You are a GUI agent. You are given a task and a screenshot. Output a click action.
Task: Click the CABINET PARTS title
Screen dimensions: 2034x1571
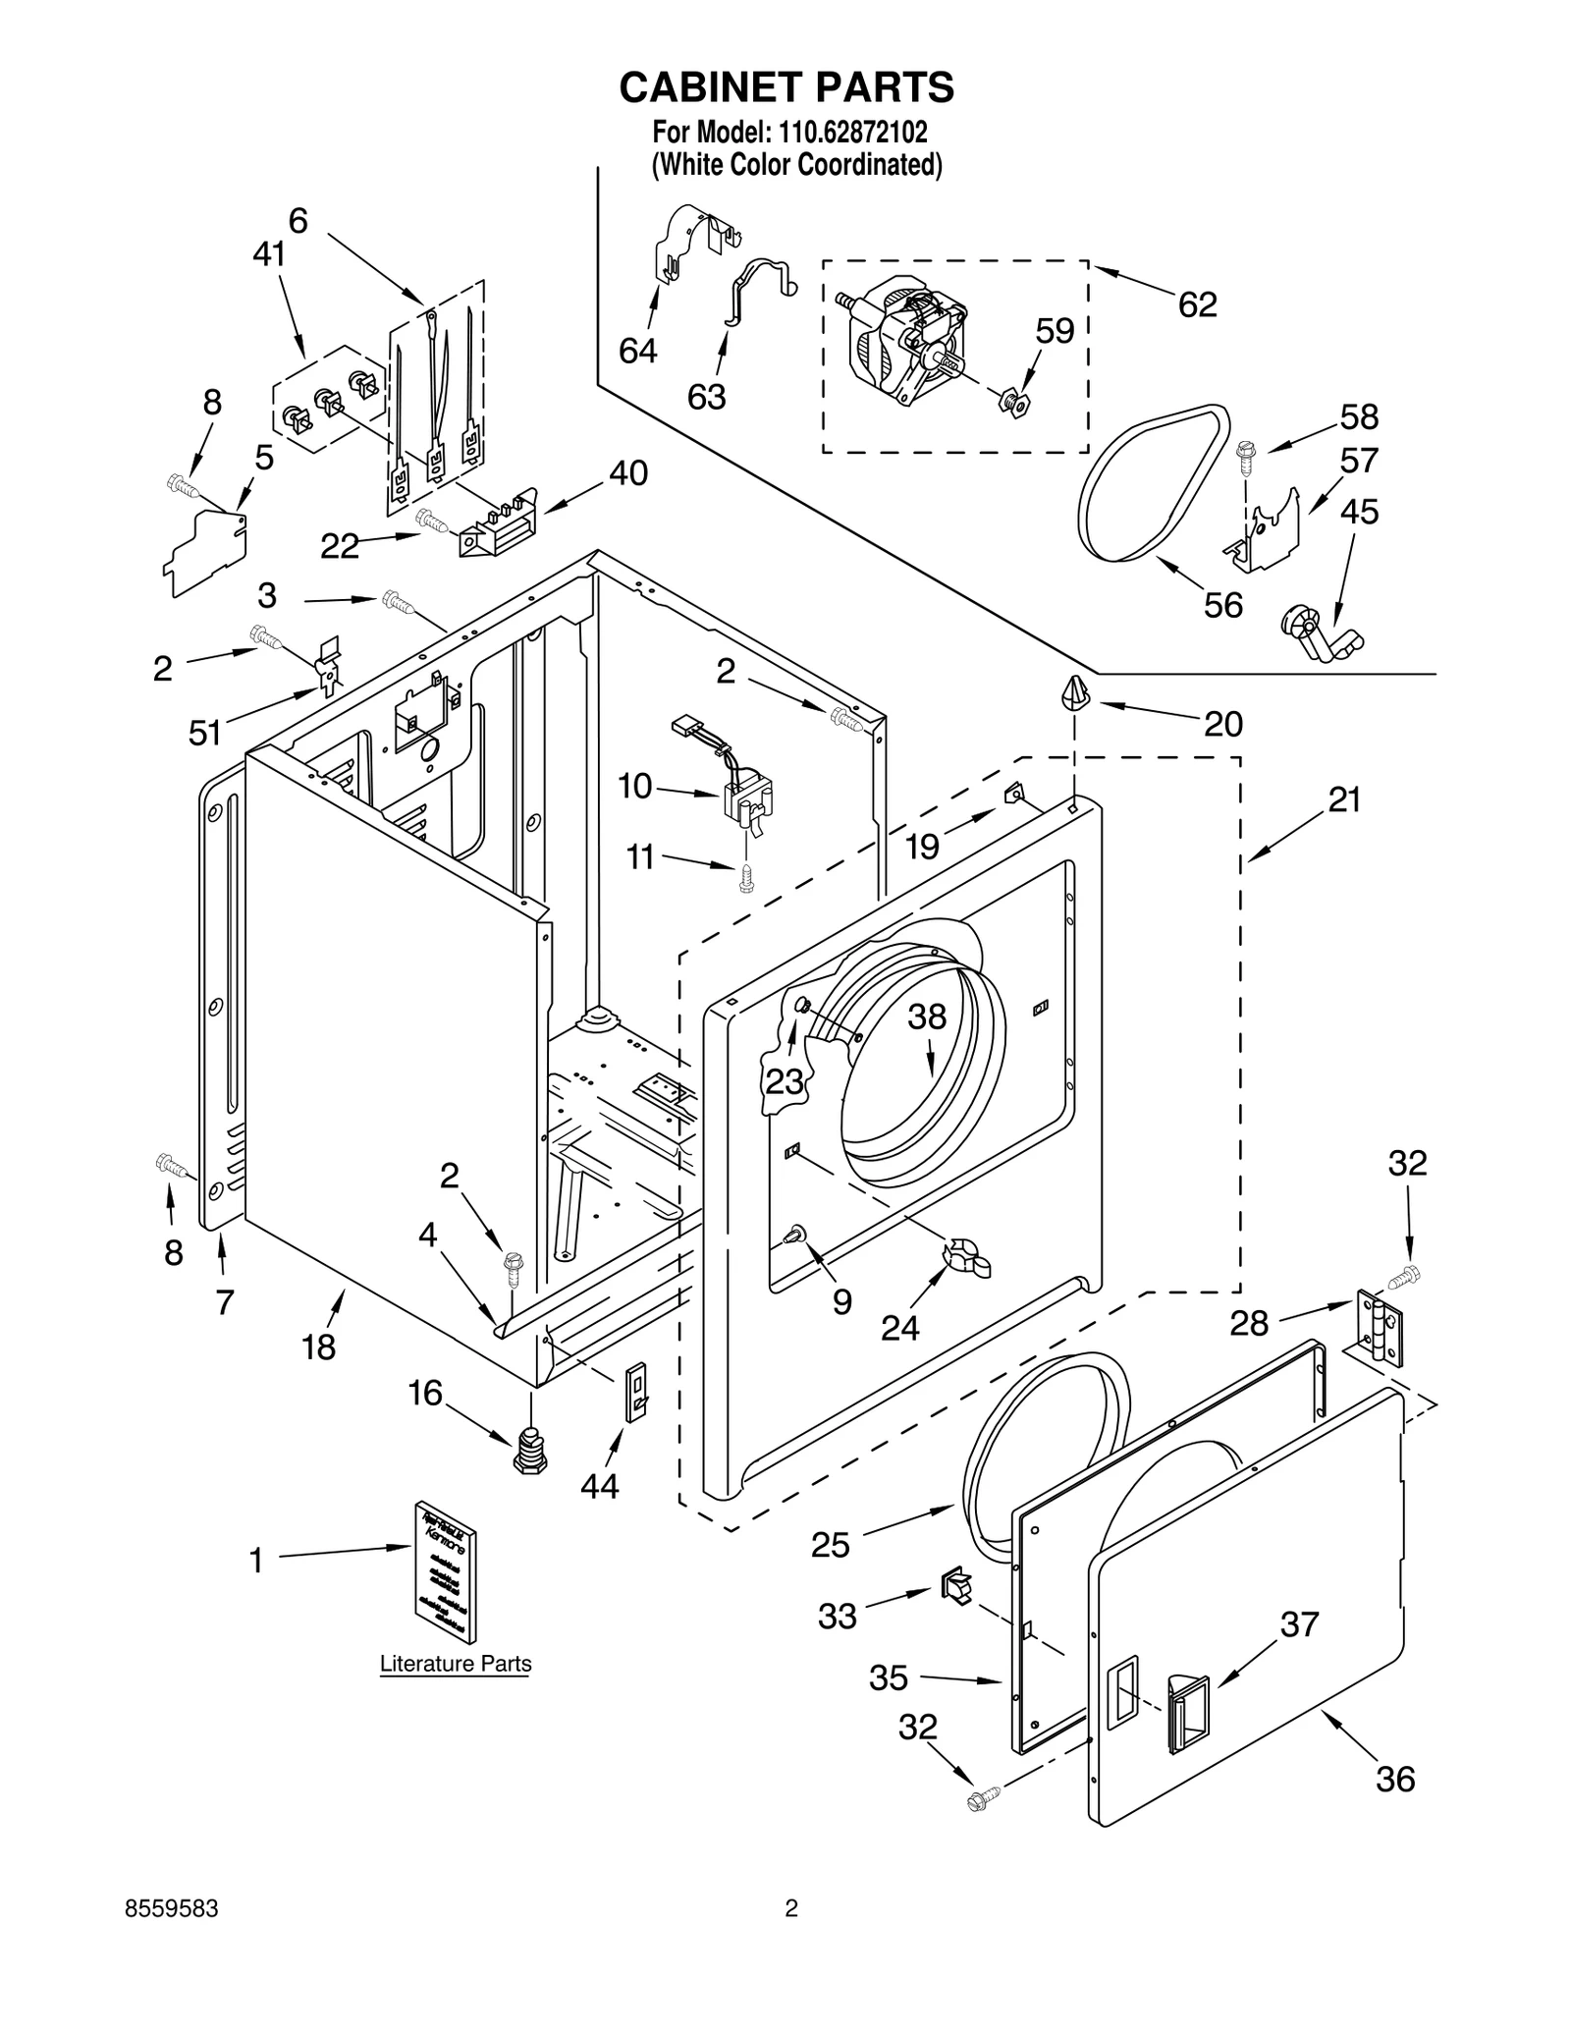(785, 87)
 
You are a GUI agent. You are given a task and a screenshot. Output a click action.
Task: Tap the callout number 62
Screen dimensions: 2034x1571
(1197, 304)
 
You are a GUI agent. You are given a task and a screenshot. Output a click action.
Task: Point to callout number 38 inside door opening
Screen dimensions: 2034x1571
(926, 1017)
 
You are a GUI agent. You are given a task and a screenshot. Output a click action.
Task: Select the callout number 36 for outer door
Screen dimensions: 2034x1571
(1394, 1779)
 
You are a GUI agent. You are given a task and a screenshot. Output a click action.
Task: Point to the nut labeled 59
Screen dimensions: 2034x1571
(1014, 402)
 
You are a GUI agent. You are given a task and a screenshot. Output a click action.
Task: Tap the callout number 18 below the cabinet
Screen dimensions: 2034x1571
(319, 1347)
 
